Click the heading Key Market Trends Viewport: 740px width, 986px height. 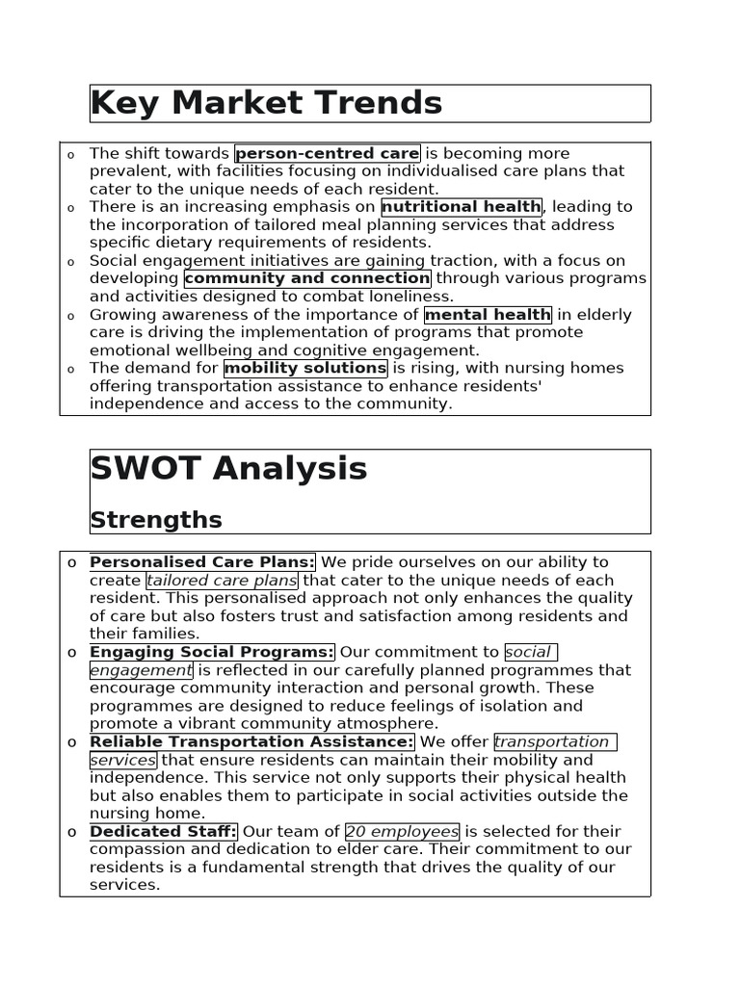(266, 103)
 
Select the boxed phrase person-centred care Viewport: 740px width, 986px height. (328, 153)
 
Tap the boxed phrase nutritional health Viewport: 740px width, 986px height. (462, 206)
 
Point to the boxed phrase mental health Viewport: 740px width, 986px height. (488, 314)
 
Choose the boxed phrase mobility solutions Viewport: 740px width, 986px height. (305, 368)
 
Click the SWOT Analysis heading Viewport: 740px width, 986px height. (228, 469)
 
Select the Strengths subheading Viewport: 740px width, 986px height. (156, 520)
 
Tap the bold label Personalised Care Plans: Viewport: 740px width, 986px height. (202, 562)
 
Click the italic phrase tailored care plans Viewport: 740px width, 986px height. (222, 581)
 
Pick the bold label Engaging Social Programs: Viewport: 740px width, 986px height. (212, 652)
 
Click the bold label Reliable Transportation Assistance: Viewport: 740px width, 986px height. (251, 741)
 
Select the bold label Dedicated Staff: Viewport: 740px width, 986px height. (163, 831)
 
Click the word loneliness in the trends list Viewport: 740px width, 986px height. (414, 297)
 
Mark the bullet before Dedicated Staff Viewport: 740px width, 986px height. (71, 832)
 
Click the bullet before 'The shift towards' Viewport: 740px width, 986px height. (71, 155)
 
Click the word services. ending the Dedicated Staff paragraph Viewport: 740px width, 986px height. (124, 885)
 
